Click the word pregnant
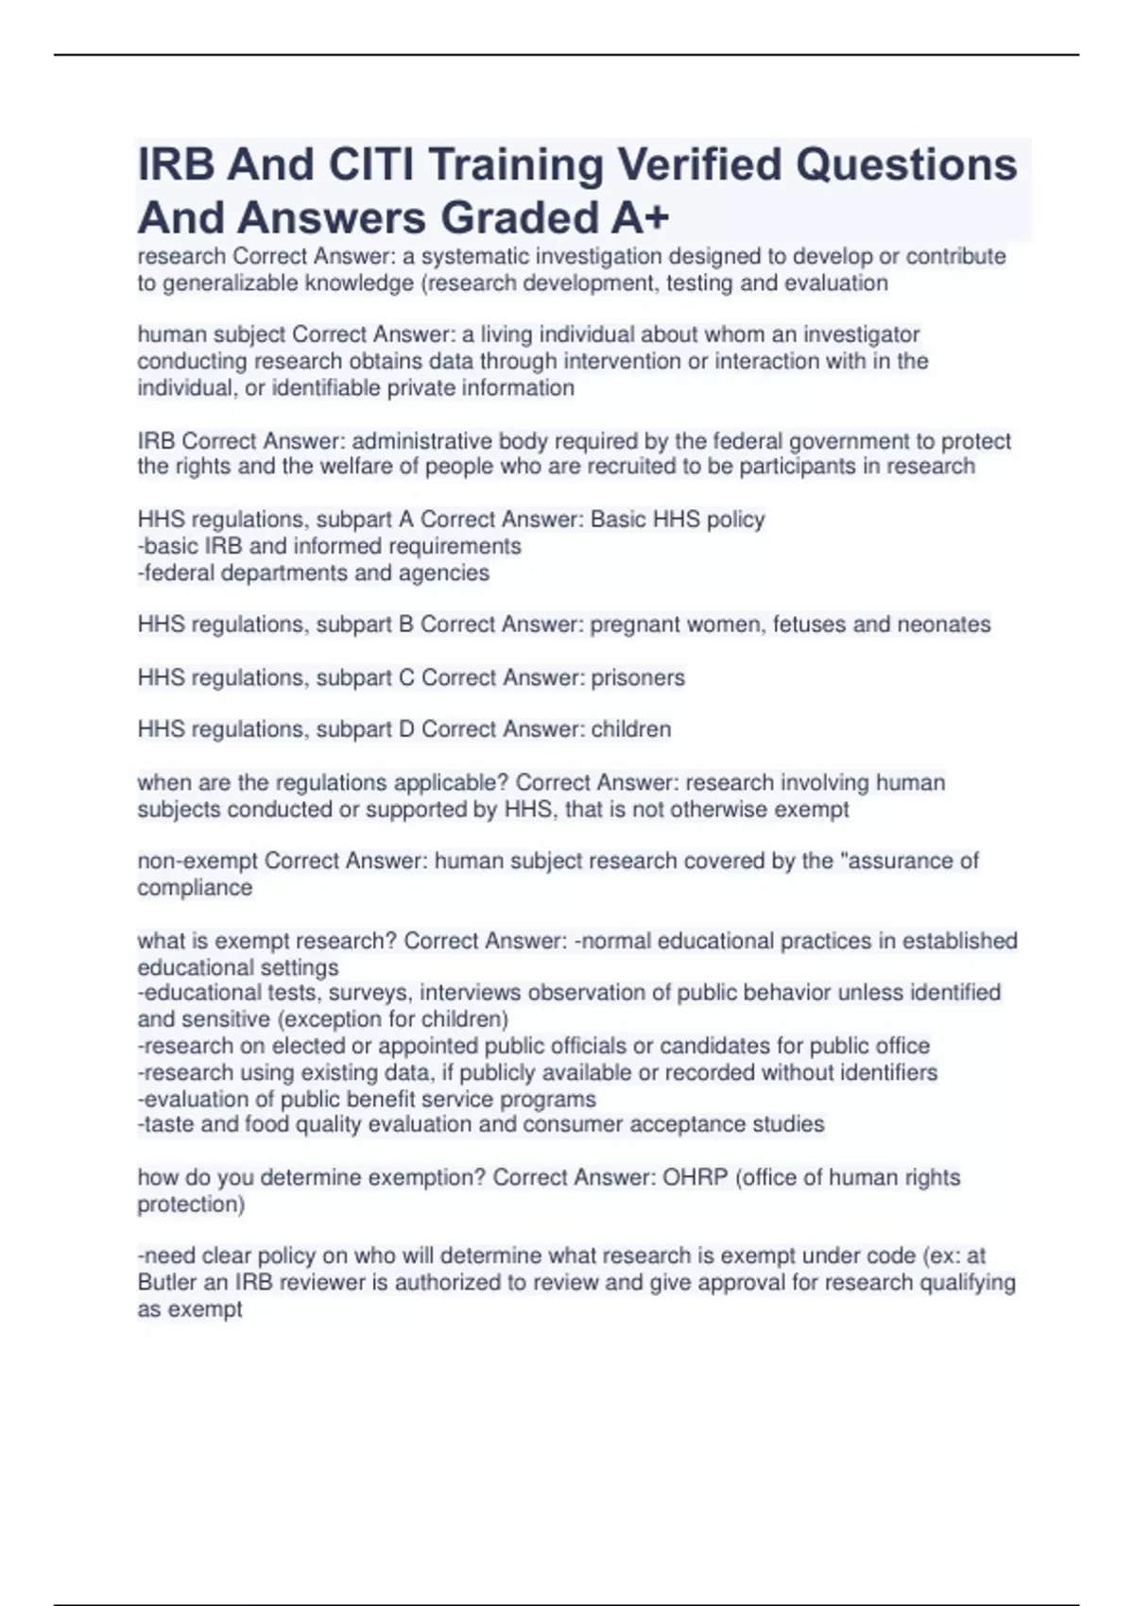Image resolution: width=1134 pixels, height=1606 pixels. point(629,624)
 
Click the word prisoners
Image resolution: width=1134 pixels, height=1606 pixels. point(638,677)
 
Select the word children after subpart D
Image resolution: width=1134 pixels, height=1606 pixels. point(630,729)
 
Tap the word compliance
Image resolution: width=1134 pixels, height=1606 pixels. point(195,888)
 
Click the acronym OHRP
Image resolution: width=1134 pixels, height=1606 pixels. point(695,1178)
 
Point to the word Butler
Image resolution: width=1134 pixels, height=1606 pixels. point(167,1283)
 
